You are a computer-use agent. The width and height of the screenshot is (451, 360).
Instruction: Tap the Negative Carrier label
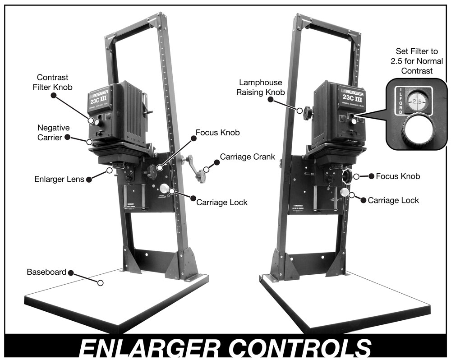[53, 132]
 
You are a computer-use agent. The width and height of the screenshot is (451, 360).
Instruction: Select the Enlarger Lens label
[60, 179]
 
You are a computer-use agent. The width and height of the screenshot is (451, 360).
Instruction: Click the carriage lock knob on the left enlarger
[164, 188]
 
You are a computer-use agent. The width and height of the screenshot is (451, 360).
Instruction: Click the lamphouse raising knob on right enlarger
[307, 111]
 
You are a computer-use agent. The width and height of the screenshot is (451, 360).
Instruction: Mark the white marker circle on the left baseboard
[101, 282]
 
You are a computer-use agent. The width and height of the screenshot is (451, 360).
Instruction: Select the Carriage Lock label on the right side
[393, 200]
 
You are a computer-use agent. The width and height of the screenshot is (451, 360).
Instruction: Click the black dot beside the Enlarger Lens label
[89, 179]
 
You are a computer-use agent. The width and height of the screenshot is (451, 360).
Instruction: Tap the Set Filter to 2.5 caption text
[414, 61]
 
